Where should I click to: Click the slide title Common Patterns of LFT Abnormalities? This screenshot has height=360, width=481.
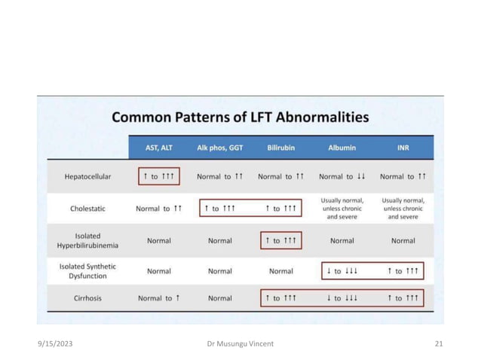tap(240, 117)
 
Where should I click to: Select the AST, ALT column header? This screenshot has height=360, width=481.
tap(159, 148)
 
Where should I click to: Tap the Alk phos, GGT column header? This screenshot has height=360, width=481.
tap(219, 148)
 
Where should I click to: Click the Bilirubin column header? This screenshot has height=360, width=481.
tap(280, 148)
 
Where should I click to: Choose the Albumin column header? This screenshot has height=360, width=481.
tap(342, 148)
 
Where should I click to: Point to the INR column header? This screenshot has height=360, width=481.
tap(403, 148)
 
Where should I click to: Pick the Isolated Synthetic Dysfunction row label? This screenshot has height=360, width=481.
tap(87, 270)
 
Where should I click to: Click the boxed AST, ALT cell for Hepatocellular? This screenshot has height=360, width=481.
tap(159, 177)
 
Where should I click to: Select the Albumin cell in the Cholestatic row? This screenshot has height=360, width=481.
tap(342, 209)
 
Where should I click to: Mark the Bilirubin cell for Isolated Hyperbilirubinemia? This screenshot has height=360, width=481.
tap(280, 241)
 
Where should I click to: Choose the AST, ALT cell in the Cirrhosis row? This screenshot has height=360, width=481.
tap(159, 298)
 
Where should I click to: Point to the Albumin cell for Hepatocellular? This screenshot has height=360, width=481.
tap(342, 177)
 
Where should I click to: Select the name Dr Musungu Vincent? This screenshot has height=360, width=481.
tap(240, 344)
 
